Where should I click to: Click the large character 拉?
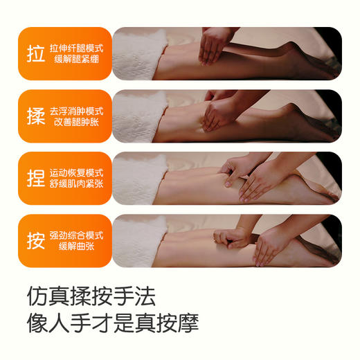coord(35,54)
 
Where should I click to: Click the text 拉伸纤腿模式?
coord(78,47)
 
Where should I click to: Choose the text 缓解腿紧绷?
coord(78,60)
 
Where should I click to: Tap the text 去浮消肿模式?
coord(78,109)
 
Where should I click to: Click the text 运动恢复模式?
coord(78,172)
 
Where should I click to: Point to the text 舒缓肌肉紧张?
coord(78,185)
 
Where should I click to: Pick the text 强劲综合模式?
coord(78,234)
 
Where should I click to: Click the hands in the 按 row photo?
coord(256,239)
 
